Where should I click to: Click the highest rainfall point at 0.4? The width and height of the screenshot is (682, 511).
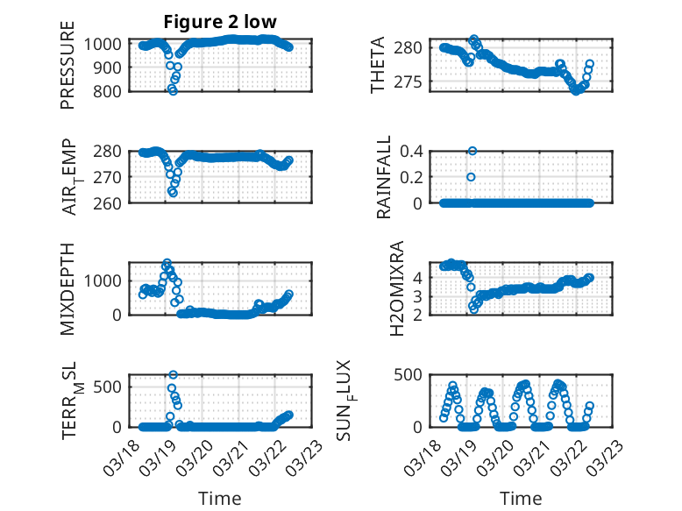[472, 151]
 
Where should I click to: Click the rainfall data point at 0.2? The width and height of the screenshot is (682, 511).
[471, 177]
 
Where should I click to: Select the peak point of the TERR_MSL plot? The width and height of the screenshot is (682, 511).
[173, 375]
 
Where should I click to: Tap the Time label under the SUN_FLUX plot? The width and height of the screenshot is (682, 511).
[521, 498]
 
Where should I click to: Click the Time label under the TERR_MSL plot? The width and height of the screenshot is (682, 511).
[220, 498]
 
